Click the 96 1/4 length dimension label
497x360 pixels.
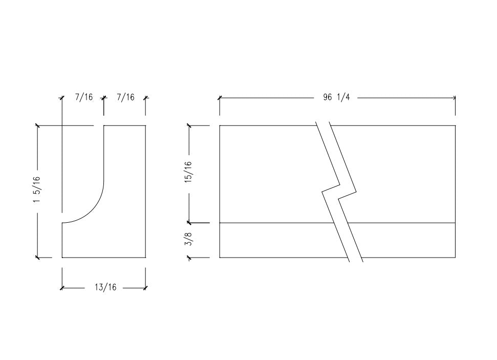click(x=336, y=97)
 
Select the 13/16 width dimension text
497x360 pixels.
click(x=105, y=288)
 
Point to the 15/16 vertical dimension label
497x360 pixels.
click(x=189, y=172)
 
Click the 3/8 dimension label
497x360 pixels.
click(x=189, y=240)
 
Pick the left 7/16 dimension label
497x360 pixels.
click(x=83, y=97)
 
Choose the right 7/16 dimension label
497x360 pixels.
click(x=125, y=97)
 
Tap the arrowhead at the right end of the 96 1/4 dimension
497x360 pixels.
click(x=455, y=97)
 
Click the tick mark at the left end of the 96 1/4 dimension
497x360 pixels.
click(x=220, y=97)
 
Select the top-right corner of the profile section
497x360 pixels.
click(x=145, y=125)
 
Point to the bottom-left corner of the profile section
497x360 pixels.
click(x=62, y=257)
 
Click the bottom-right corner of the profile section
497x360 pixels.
click(x=145, y=257)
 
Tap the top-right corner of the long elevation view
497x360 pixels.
click(x=455, y=125)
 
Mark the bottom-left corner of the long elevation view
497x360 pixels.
click(x=220, y=257)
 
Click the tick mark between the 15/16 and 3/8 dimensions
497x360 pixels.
click(x=189, y=223)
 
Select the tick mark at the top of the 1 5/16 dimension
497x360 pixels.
click(x=37, y=125)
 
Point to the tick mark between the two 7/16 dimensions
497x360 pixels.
click(x=104, y=97)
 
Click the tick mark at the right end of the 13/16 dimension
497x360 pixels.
click(x=145, y=288)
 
